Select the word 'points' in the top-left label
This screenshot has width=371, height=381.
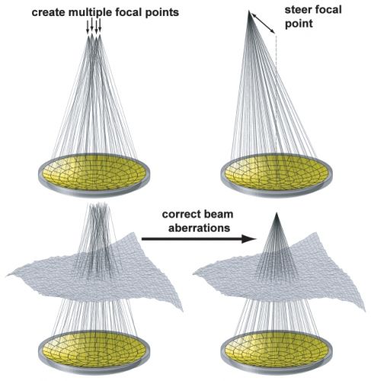162,13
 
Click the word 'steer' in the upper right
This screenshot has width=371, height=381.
298,10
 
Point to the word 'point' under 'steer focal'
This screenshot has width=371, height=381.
299,24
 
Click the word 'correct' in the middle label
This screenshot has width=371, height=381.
179,214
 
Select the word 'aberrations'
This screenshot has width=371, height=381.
199,228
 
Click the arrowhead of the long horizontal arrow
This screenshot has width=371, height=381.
249,239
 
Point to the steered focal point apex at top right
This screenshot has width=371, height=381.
249,11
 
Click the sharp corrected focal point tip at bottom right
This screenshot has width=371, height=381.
277,213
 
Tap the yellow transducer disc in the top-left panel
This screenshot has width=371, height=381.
94,173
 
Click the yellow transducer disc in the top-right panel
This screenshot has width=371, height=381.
277,173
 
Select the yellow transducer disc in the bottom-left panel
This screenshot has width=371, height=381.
94,349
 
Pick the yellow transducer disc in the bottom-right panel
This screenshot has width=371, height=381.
277,349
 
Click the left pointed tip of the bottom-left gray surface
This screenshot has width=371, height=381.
6,275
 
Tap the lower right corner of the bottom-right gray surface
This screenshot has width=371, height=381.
365,310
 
